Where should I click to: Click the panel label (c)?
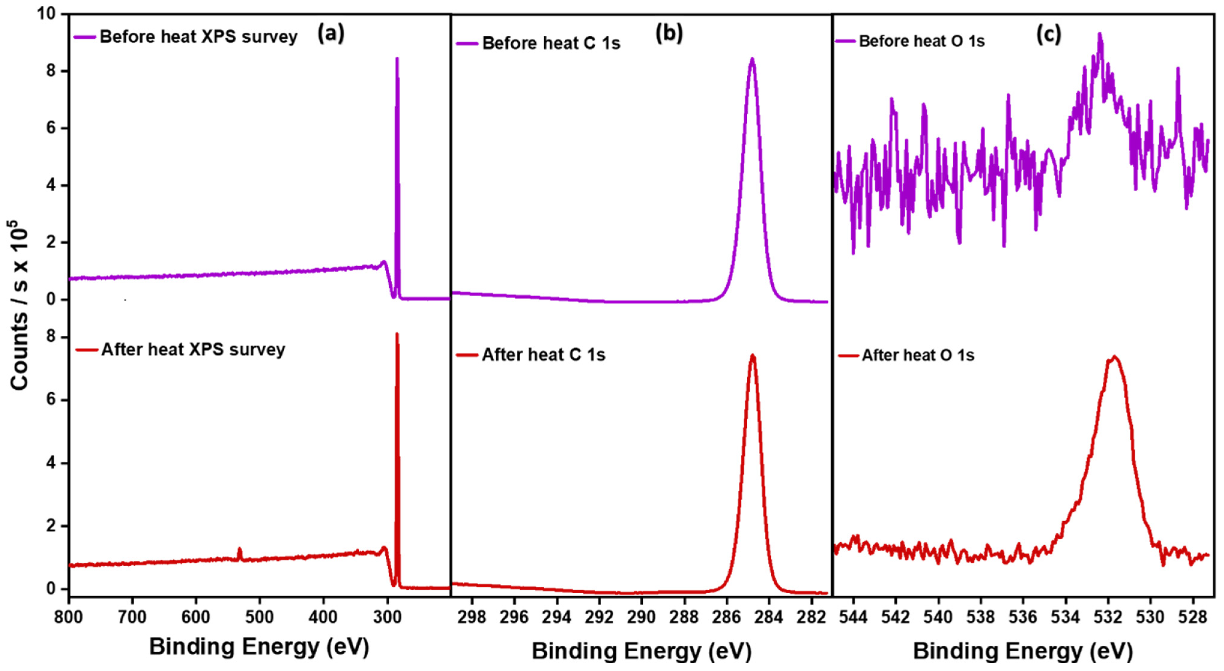pyautogui.click(x=1048, y=35)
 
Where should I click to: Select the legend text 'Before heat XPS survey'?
pyautogui.click(x=198, y=37)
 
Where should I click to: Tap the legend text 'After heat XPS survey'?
pyautogui.click(x=193, y=349)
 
